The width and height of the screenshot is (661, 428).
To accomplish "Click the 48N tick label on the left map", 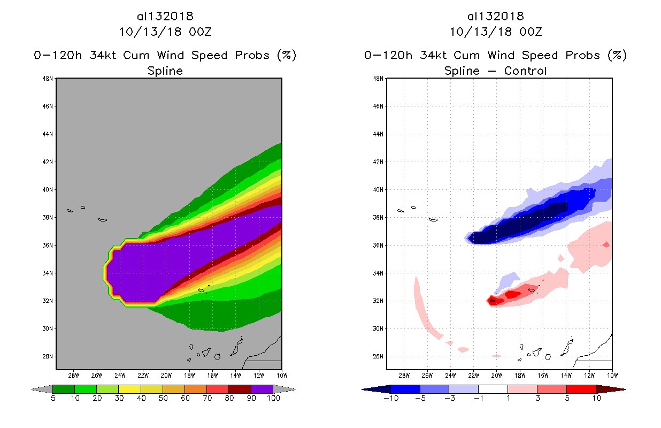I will click(x=48, y=79).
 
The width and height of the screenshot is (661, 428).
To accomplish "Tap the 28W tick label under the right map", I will click(x=404, y=374).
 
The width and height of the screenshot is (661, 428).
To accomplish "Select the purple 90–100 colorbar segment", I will click(x=262, y=389).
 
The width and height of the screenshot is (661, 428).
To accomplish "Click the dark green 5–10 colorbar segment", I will click(x=64, y=389).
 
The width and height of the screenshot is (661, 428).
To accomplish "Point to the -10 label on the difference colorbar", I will click(x=391, y=398).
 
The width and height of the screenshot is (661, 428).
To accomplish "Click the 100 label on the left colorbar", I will click(x=273, y=398).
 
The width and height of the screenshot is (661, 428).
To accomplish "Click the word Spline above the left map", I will click(x=165, y=71).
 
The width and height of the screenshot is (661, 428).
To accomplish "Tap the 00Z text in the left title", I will click(x=200, y=32).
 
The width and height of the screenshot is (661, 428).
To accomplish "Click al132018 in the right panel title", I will click(x=495, y=17).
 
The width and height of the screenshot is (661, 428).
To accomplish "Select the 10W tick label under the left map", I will click(x=281, y=374).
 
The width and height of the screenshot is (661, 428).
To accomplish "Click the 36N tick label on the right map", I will click(x=379, y=246).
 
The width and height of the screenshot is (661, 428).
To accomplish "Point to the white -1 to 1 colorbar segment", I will click(x=493, y=389).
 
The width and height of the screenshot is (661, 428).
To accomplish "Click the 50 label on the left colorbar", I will click(x=163, y=398).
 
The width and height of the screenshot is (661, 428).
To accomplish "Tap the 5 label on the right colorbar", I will click(x=566, y=398).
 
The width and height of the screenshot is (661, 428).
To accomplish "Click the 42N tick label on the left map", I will click(x=48, y=162).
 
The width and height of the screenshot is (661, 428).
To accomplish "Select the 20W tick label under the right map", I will click(x=496, y=374).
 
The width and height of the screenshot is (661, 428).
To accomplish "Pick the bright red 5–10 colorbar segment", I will click(x=581, y=389).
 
